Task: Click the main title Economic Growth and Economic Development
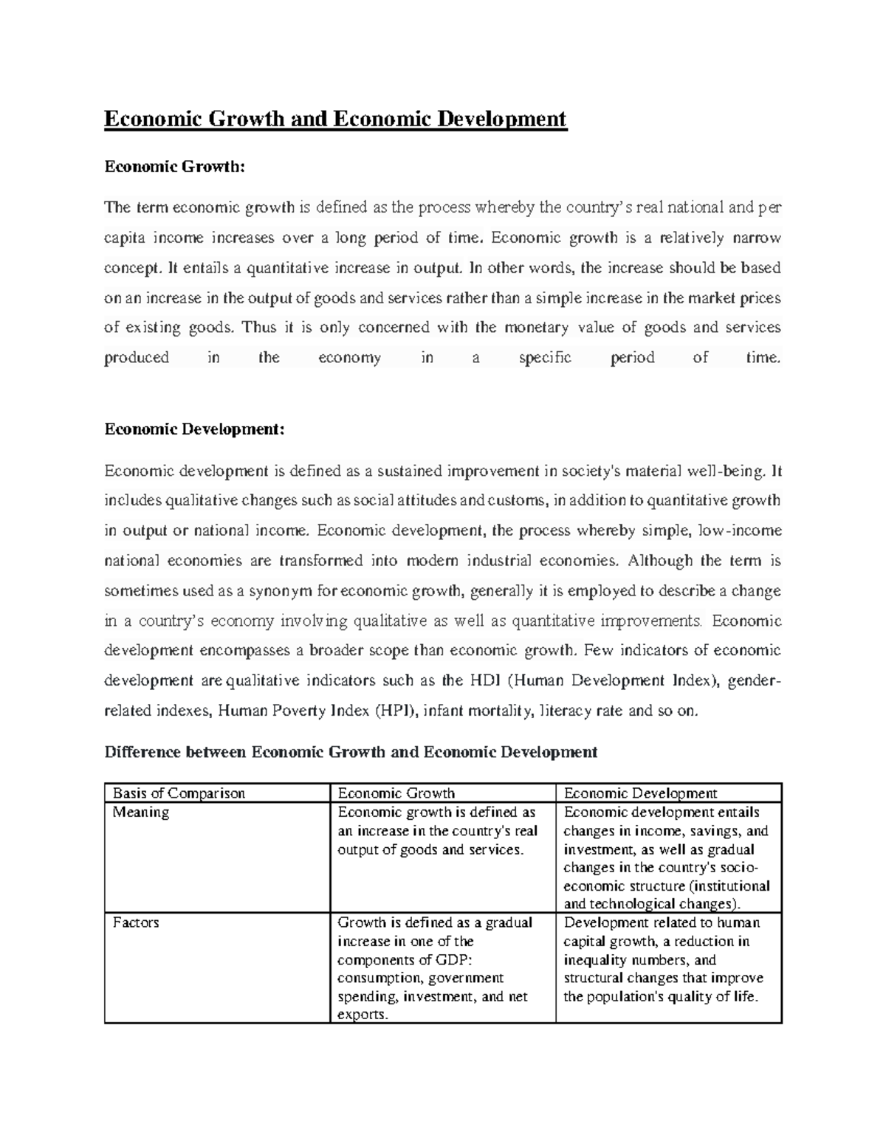click(x=335, y=119)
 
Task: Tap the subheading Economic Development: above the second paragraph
click(x=194, y=429)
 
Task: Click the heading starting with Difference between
click(x=351, y=752)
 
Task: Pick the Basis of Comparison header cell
click(x=178, y=793)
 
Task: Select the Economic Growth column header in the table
click(x=396, y=793)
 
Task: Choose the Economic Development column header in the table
click(x=640, y=793)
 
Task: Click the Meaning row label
click(x=140, y=812)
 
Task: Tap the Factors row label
click(x=135, y=922)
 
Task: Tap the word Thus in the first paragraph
click(x=258, y=328)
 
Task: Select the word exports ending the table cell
click(x=362, y=1015)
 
